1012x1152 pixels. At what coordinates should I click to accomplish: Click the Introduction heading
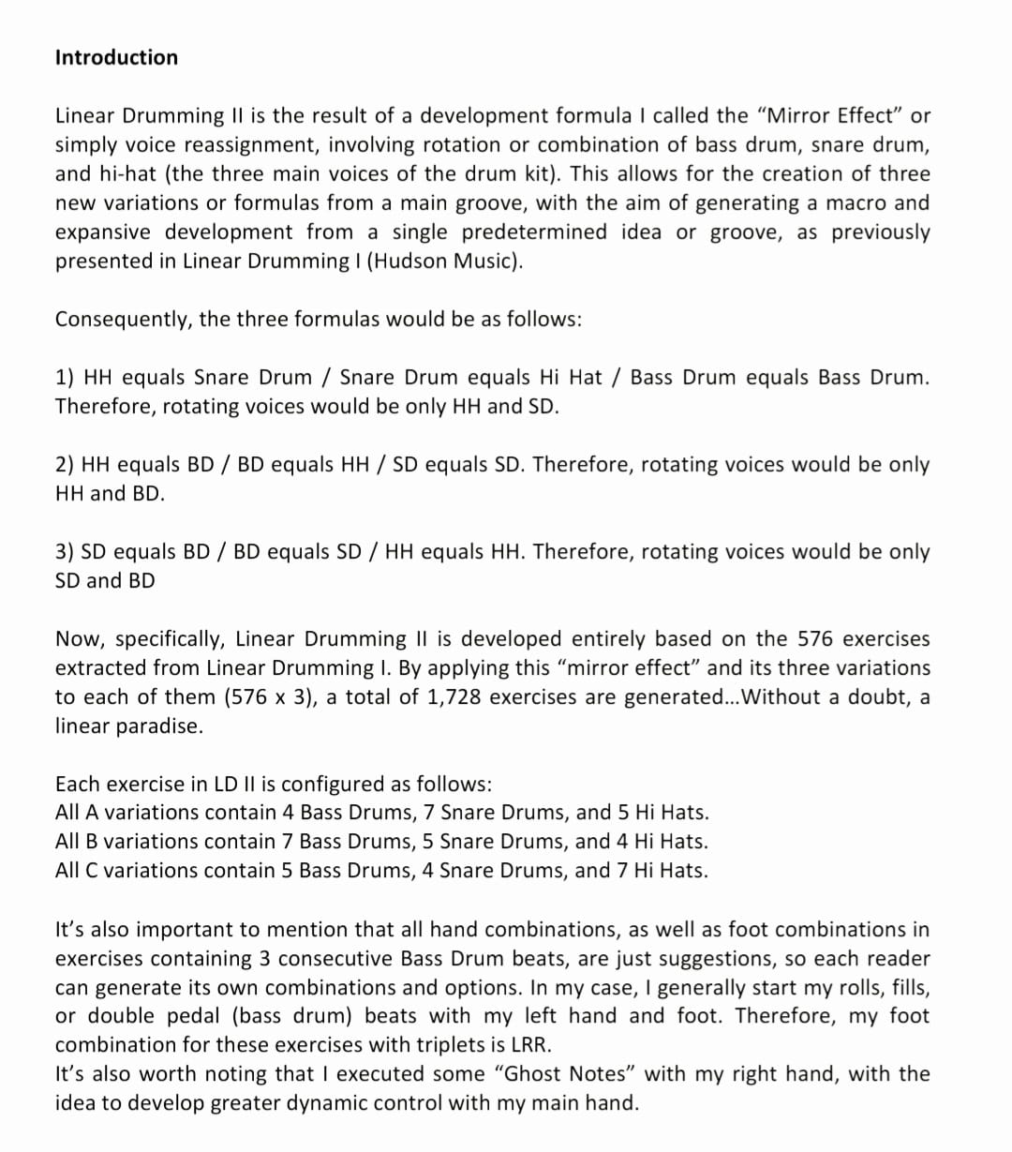click(x=116, y=57)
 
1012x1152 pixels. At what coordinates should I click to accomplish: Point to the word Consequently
click(x=123, y=319)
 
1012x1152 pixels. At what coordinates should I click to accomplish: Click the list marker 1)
click(x=66, y=377)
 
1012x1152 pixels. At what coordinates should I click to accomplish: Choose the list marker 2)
click(x=66, y=464)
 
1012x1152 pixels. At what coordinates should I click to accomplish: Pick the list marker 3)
click(x=66, y=551)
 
